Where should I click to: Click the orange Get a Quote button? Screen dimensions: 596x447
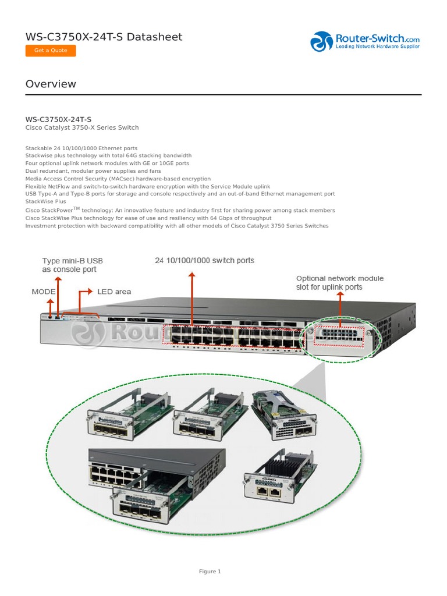(x=51, y=51)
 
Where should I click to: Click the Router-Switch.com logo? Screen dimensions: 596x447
(x=365, y=41)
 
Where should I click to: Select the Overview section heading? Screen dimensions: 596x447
(x=51, y=84)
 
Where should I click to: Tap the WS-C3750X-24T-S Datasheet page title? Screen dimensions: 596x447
(x=104, y=37)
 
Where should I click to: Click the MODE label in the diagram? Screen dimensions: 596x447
(x=43, y=291)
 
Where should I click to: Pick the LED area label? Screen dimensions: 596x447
(x=114, y=291)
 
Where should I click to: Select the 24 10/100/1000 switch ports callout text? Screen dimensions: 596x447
(x=204, y=260)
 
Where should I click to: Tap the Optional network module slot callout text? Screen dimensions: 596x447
(x=340, y=282)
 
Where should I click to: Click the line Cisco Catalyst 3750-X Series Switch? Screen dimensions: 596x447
(x=82, y=127)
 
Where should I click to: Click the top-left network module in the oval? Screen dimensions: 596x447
(x=129, y=413)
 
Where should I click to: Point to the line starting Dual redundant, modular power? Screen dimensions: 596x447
(x=93, y=171)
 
